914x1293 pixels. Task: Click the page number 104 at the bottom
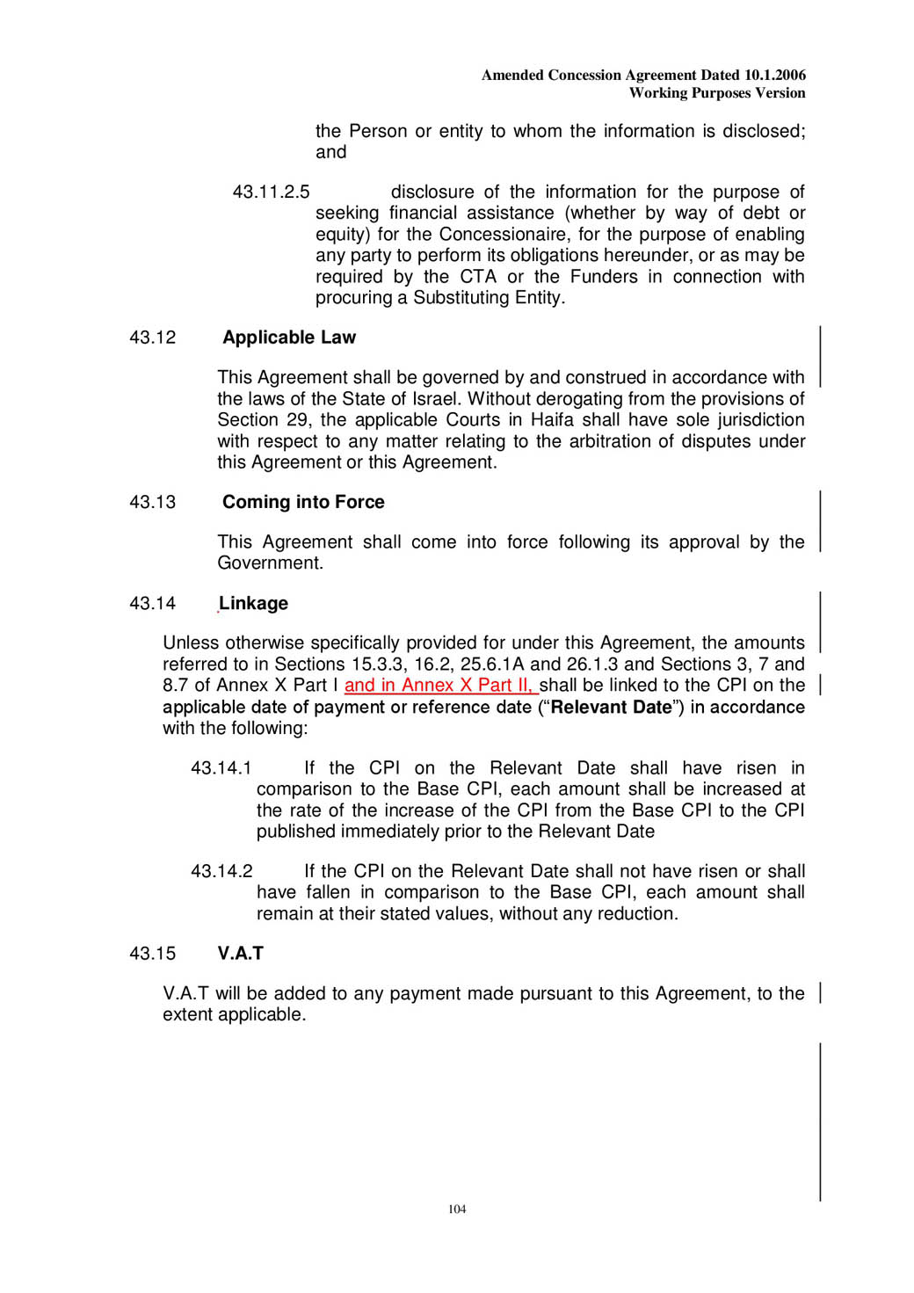[457, 1209]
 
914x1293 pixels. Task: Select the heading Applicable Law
[289, 338]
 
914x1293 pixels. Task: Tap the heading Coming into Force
[303, 502]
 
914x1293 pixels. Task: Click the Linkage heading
[253, 603]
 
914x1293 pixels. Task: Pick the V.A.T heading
[240, 954]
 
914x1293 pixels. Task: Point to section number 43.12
[152, 338]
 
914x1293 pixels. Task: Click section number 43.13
[152, 502]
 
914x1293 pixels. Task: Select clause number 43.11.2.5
[271, 192]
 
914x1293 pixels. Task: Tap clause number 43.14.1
[221, 768]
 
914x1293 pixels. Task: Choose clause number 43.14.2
[221, 871]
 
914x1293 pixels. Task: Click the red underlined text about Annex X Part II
[439, 686]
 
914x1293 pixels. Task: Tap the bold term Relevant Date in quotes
[611, 708]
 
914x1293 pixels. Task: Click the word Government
[269, 563]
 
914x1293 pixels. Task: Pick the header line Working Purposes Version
[717, 93]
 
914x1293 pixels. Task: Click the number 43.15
[152, 954]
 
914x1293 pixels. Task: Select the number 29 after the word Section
[297, 420]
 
